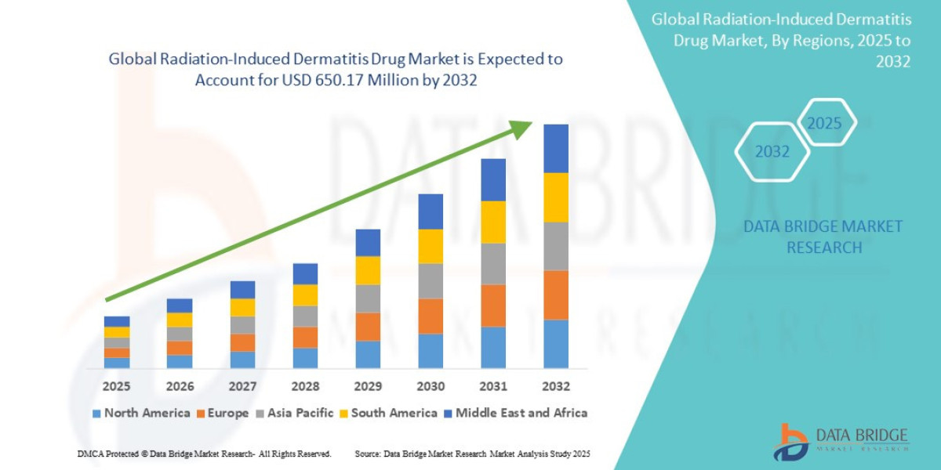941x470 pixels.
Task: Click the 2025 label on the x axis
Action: pyautogui.click(x=117, y=386)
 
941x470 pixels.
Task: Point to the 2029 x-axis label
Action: pyautogui.click(x=368, y=386)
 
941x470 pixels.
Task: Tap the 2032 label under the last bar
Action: pyautogui.click(x=556, y=386)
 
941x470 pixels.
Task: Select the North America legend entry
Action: pyautogui.click(x=141, y=413)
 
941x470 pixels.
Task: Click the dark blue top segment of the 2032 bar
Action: pyautogui.click(x=556, y=148)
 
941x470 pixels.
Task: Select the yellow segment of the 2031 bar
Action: pyautogui.click(x=493, y=222)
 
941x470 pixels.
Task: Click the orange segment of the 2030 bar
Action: pyautogui.click(x=431, y=316)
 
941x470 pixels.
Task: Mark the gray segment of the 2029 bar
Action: pyautogui.click(x=368, y=298)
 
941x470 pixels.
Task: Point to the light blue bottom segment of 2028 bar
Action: pyautogui.click(x=305, y=358)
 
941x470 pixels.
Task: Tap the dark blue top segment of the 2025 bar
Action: pyautogui.click(x=117, y=321)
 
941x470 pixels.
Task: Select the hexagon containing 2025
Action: pyautogui.click(x=824, y=123)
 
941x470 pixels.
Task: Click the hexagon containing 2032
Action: pyautogui.click(x=772, y=152)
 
